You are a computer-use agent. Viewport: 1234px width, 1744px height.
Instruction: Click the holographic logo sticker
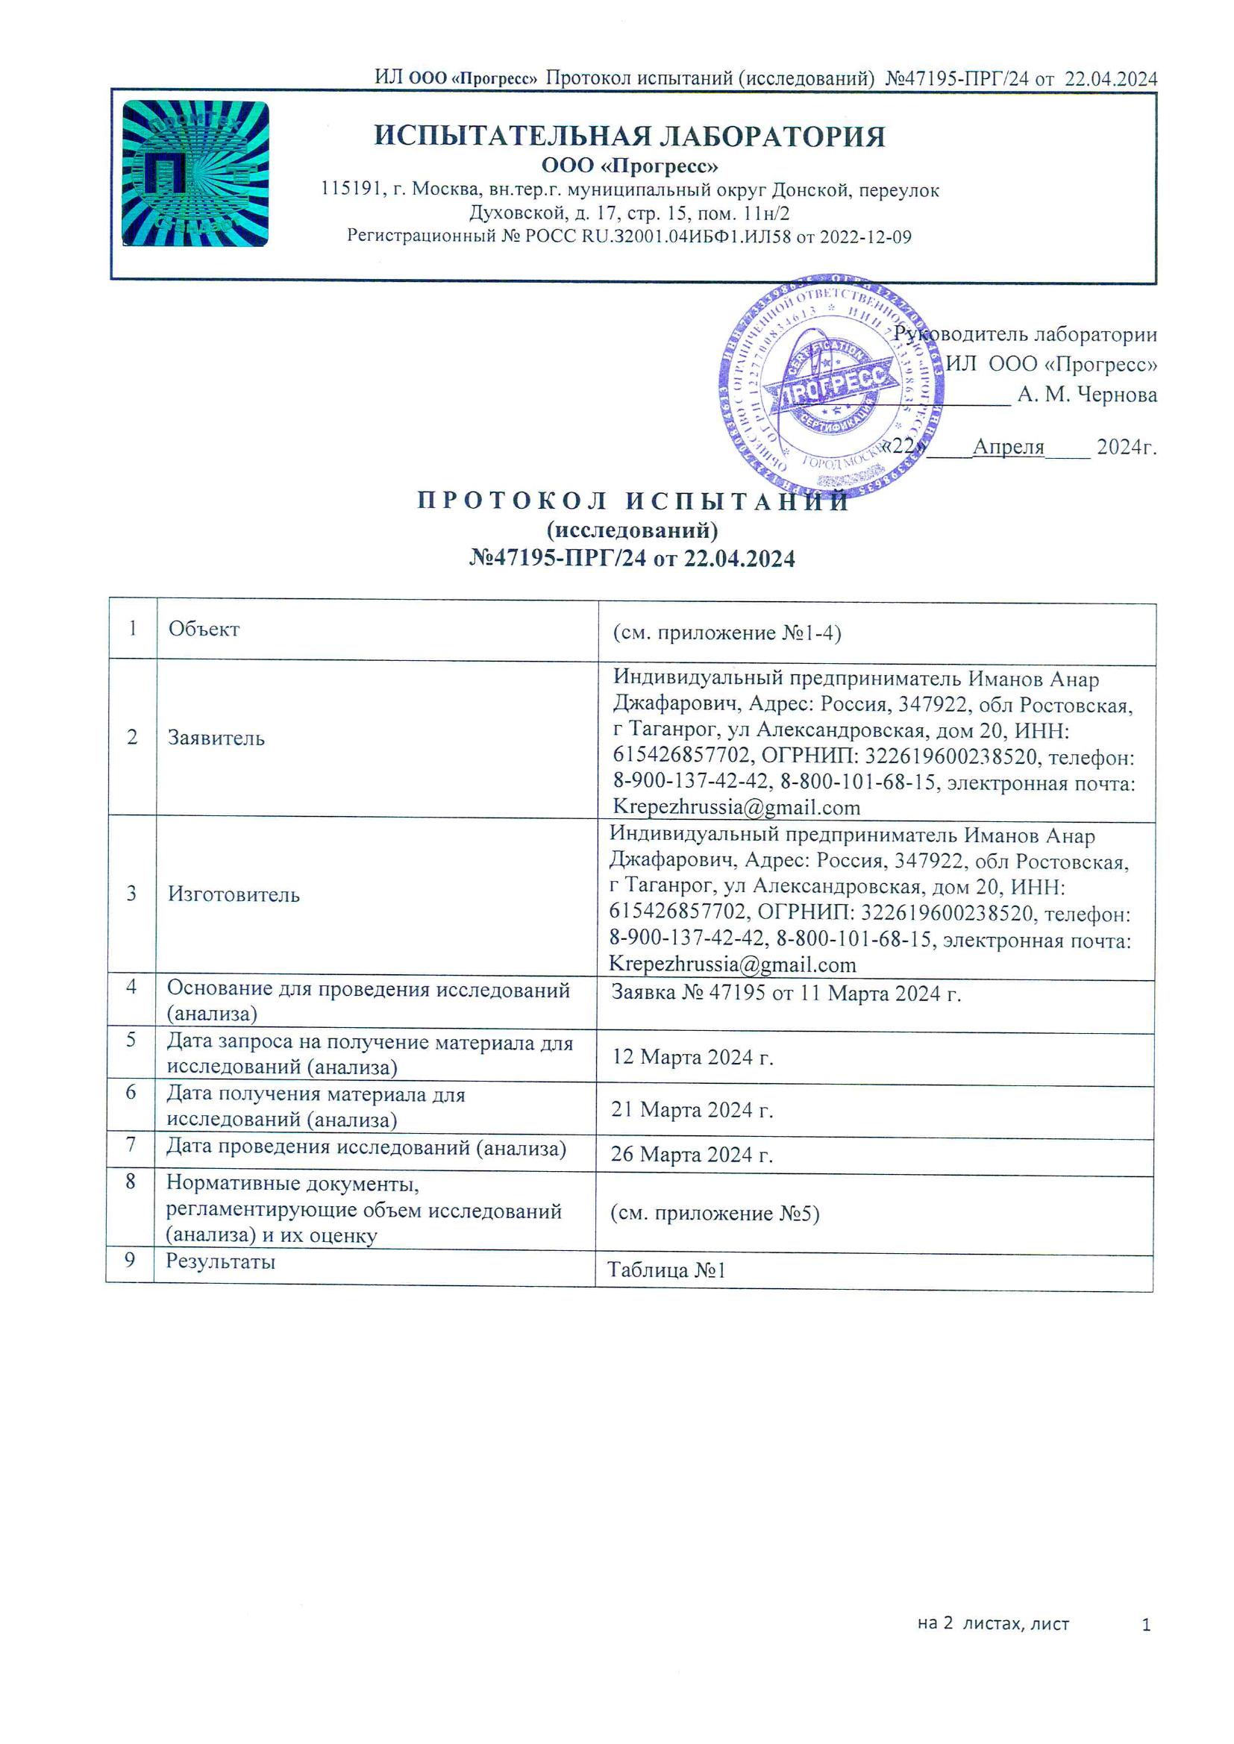pyautogui.click(x=195, y=173)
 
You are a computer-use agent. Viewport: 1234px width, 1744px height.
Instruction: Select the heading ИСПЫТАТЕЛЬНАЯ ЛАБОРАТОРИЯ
pyautogui.click(x=629, y=137)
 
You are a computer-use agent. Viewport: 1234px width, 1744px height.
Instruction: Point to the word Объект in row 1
pyautogui.click(x=204, y=629)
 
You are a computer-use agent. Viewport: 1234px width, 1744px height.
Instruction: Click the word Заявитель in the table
pyautogui.click(x=216, y=738)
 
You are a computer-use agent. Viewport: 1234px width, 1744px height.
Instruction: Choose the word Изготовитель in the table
pyautogui.click(x=234, y=895)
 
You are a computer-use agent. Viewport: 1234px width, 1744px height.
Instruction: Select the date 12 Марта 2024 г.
pyautogui.click(x=692, y=1057)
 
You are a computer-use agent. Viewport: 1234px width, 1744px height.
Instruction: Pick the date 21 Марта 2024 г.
pyautogui.click(x=692, y=1110)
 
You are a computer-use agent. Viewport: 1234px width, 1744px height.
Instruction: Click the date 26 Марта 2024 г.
pyautogui.click(x=692, y=1155)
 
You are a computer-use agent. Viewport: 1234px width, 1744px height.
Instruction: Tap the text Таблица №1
pyautogui.click(x=666, y=1270)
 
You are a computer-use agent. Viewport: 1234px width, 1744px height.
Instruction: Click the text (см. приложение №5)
pyautogui.click(x=714, y=1213)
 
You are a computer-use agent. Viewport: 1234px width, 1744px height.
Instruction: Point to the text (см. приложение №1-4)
pyautogui.click(x=727, y=633)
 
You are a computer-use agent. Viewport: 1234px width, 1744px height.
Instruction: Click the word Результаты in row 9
pyautogui.click(x=220, y=1261)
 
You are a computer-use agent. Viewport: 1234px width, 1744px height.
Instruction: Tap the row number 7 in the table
pyautogui.click(x=131, y=1145)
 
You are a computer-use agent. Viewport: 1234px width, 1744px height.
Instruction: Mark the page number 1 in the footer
pyautogui.click(x=1146, y=1625)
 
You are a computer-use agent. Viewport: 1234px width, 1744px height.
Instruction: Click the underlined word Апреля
pyautogui.click(x=1009, y=447)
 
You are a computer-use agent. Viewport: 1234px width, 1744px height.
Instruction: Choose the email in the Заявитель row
pyautogui.click(x=736, y=807)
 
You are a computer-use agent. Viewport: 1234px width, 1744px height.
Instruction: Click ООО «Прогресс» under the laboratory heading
pyautogui.click(x=629, y=166)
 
